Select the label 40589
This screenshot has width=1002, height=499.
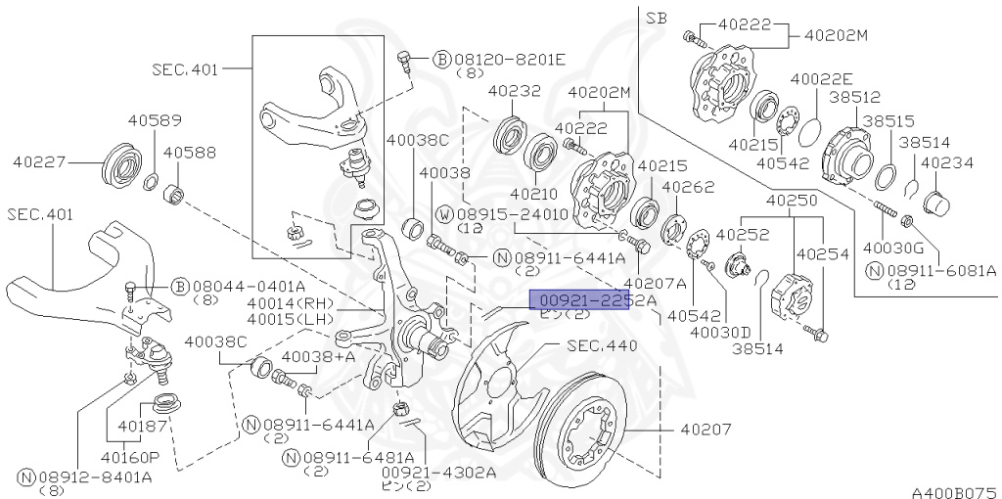point(154,121)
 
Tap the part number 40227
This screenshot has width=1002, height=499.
point(40,159)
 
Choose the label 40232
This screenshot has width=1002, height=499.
point(514,91)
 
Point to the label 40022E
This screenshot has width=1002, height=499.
point(821,78)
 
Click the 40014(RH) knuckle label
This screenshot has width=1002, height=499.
point(291,304)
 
